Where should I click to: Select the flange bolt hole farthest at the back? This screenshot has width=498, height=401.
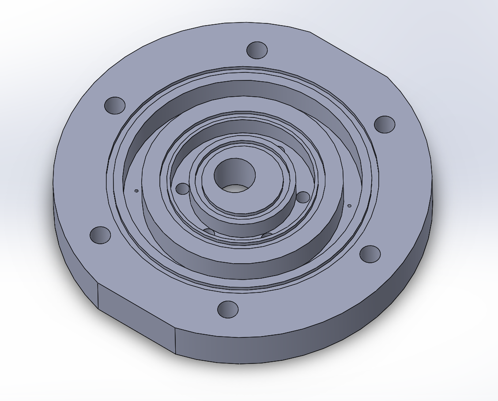point(257,50)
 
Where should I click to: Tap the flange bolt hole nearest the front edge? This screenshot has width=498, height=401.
point(228,310)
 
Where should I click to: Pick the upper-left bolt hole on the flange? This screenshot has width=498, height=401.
point(115,105)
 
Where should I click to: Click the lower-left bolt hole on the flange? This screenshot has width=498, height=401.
point(100,235)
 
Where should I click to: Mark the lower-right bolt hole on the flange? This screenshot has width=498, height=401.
point(370,254)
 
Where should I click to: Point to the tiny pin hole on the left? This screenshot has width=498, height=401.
point(136,191)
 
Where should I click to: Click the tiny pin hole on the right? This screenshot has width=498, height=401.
point(349,205)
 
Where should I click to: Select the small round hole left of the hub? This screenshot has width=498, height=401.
point(182,189)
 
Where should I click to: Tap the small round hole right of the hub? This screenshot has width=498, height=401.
point(303,197)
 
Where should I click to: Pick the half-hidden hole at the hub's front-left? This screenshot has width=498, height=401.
point(209,232)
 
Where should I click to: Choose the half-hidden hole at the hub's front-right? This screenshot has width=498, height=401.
point(267,235)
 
